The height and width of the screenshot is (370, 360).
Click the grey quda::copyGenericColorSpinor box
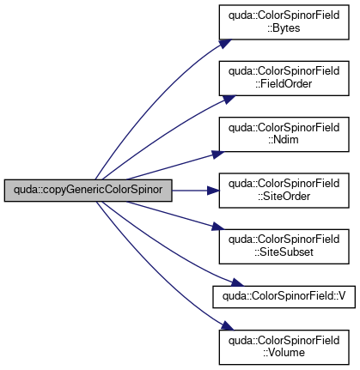tap(88, 191)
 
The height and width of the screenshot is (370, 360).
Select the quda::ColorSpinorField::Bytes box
tap(284, 22)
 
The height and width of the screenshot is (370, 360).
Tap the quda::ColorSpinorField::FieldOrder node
tap(284, 78)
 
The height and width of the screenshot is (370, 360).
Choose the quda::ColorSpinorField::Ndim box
tap(284, 134)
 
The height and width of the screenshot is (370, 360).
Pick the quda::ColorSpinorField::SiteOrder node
tap(284, 191)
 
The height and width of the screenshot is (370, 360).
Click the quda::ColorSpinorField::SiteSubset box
tap(284, 246)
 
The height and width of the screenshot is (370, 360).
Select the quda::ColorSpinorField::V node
tap(284, 297)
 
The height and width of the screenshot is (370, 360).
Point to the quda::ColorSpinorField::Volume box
tap(284, 347)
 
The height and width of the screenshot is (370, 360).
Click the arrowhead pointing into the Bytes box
tap(225, 44)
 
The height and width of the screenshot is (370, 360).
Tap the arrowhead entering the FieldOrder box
tap(229, 100)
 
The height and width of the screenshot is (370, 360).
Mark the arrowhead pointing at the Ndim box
tap(218, 155)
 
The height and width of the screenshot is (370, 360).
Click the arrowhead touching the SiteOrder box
tap(213, 191)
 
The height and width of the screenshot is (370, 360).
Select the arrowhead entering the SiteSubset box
tap(218, 227)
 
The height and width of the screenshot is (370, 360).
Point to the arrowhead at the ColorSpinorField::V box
tap(237, 282)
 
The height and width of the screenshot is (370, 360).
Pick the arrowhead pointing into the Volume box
tap(227, 326)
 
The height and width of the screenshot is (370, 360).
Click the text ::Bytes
tap(284, 28)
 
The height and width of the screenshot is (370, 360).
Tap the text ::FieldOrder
tap(284, 84)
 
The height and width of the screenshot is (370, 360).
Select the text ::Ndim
tap(284, 140)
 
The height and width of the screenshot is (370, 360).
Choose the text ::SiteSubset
tap(284, 252)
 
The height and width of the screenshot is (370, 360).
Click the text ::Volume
tap(284, 353)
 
